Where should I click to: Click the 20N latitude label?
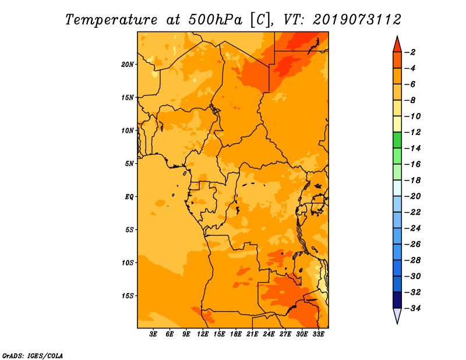click(128, 65)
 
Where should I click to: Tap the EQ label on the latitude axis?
click(129, 197)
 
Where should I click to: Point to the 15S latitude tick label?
click(128, 296)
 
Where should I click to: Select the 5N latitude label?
click(129, 164)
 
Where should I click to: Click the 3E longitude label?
click(153, 334)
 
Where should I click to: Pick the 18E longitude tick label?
click(236, 334)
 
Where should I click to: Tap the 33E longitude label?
click(319, 334)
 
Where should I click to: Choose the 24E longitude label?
click(269, 334)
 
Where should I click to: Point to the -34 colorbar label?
click(413, 308)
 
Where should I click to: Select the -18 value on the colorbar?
click(413, 181)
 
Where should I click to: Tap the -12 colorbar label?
click(413, 132)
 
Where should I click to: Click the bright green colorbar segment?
click(397, 140)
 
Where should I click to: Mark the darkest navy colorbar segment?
click(397, 300)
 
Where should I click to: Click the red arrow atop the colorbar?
click(397, 44)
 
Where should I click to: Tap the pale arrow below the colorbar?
click(397, 316)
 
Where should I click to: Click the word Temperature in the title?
click(111, 20)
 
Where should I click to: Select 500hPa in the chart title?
click(216, 20)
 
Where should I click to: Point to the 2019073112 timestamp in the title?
click(357, 20)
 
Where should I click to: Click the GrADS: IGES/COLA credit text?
click(33, 356)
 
